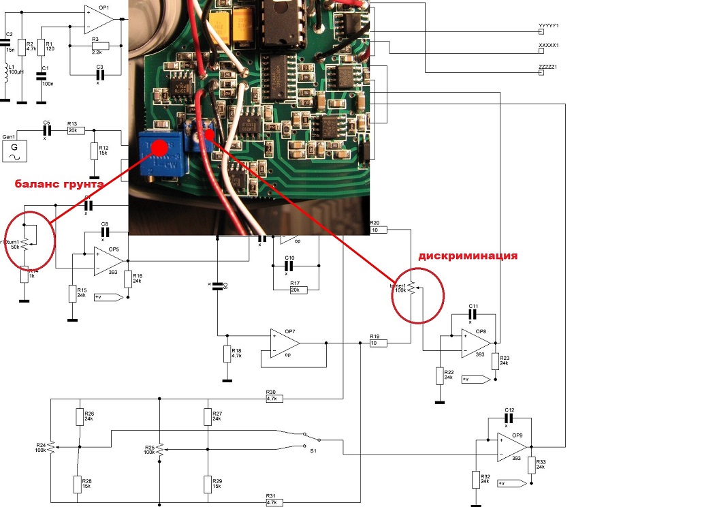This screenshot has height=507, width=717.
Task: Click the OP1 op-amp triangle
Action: point(97,18)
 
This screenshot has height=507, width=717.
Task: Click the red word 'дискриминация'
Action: point(468,256)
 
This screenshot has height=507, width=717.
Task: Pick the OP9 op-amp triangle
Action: point(511,446)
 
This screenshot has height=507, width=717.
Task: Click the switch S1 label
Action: point(313,451)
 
